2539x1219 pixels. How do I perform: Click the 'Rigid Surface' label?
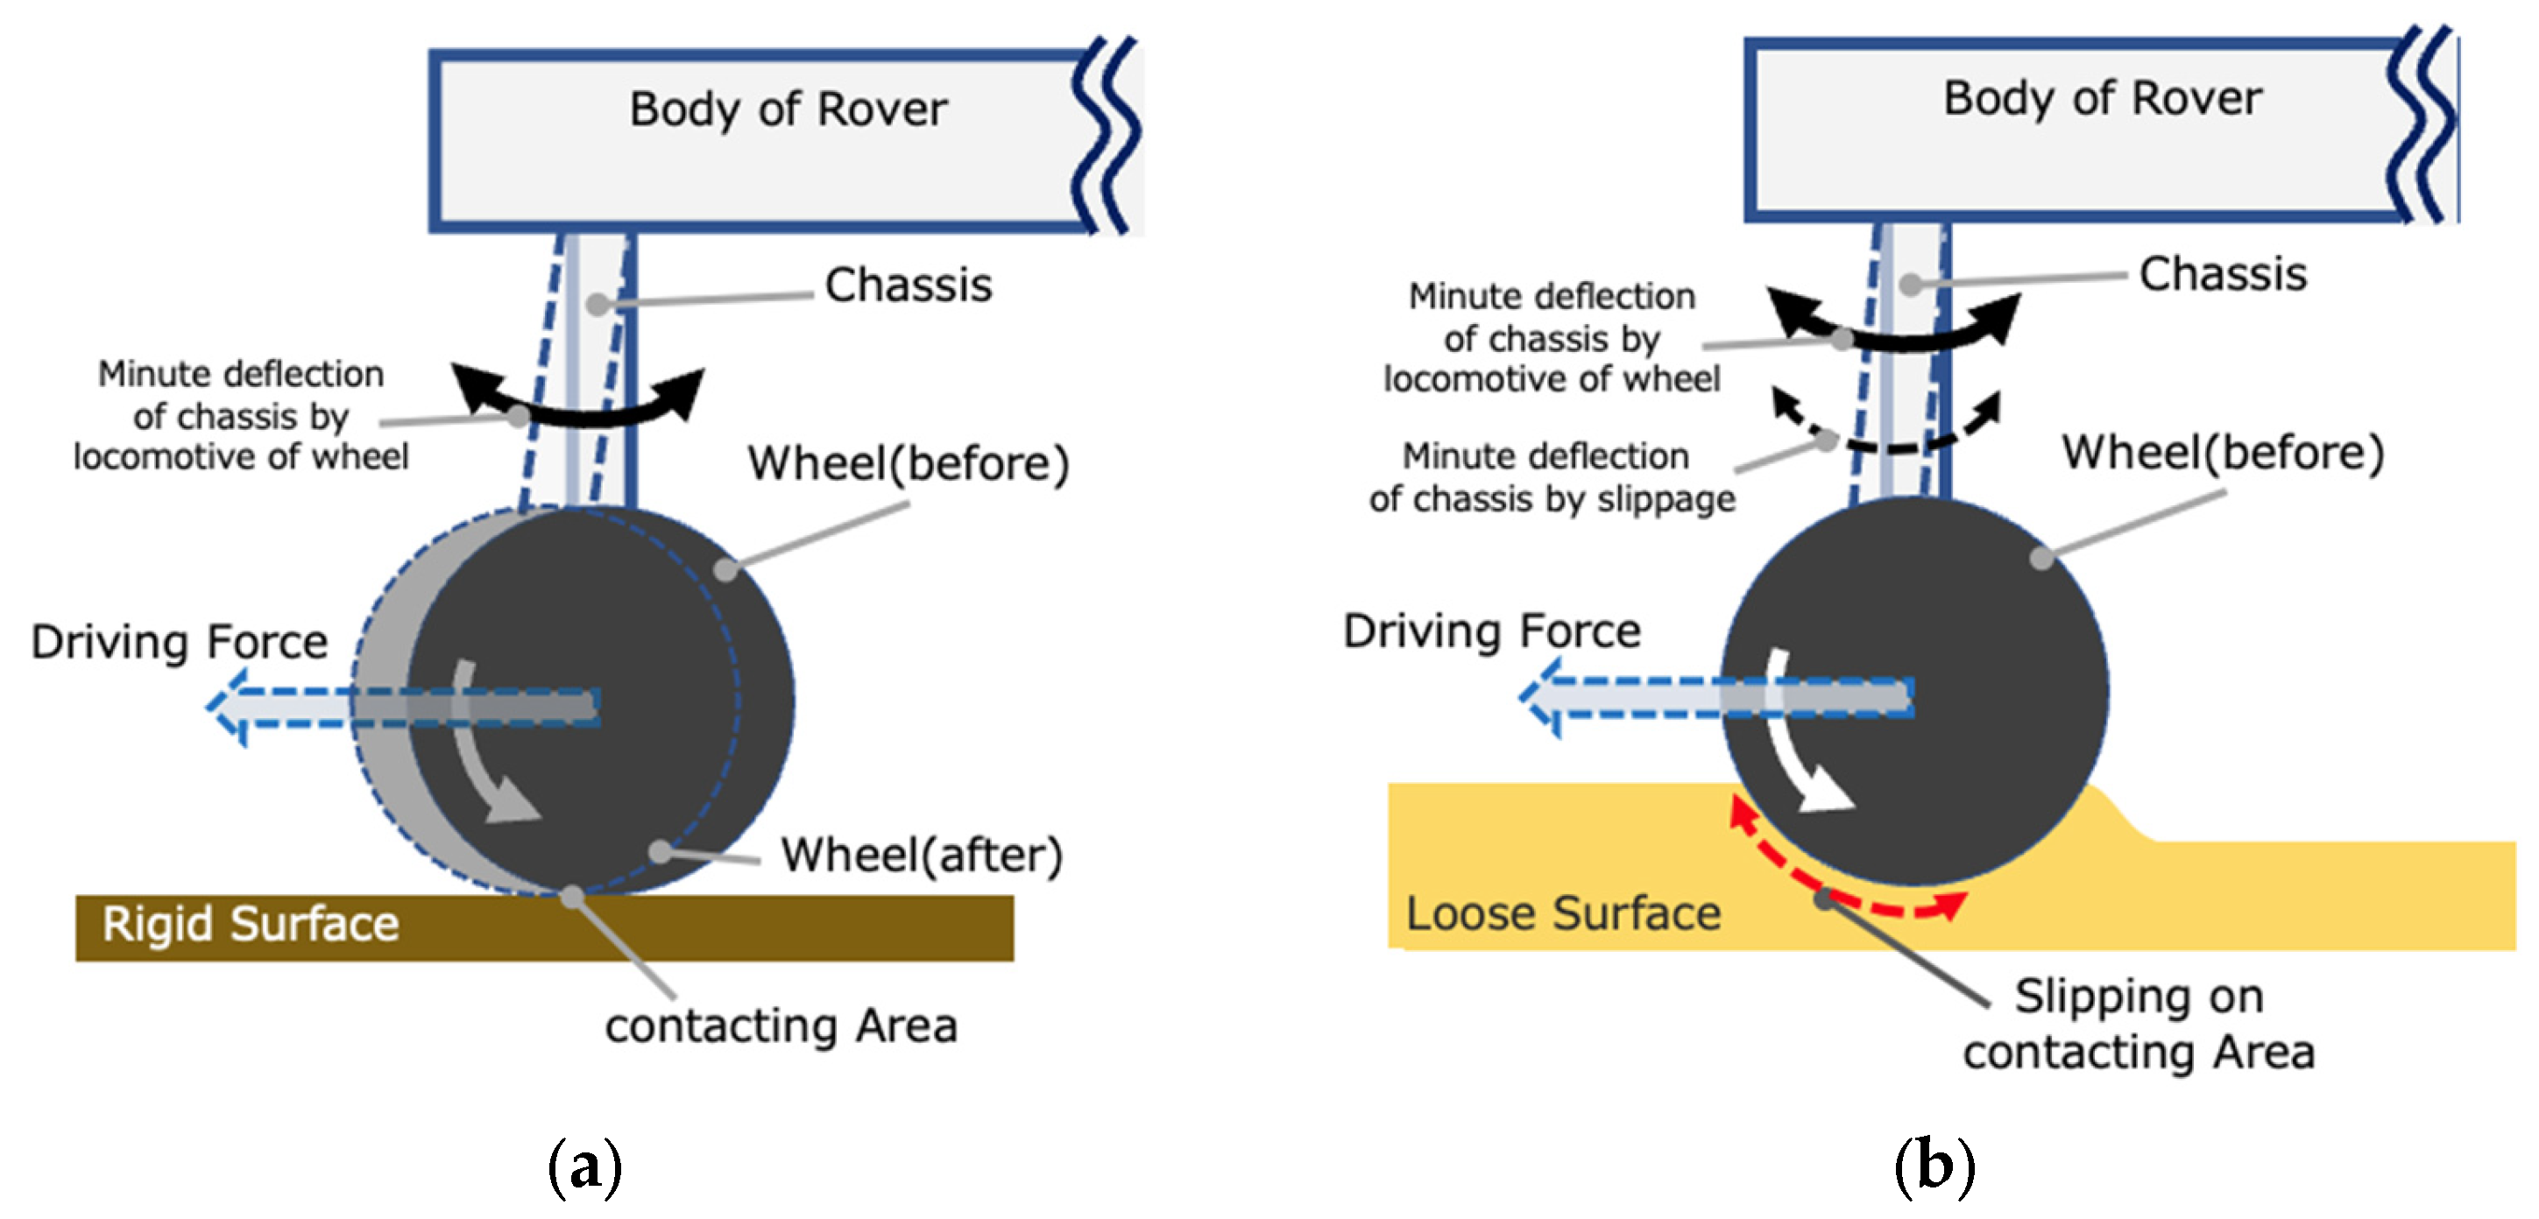pyautogui.click(x=251, y=925)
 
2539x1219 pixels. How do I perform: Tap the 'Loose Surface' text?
pyautogui.click(x=1562, y=913)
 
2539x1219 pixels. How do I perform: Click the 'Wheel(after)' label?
pyautogui.click(x=922, y=855)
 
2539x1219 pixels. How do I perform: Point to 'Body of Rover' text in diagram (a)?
pyautogui.click(x=788, y=109)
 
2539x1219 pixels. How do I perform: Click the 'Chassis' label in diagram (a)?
pyautogui.click(x=908, y=285)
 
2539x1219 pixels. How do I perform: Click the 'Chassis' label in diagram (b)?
pyautogui.click(x=2222, y=274)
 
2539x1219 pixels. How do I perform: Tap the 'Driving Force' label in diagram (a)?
pyautogui.click(x=180, y=642)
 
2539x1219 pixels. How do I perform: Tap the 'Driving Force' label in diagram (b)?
pyautogui.click(x=1491, y=631)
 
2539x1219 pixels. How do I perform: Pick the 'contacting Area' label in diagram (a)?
pyautogui.click(x=781, y=1025)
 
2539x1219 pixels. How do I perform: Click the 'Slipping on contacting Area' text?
pyautogui.click(x=2138, y=1024)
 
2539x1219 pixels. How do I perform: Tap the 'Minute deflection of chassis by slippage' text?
pyautogui.click(x=1551, y=478)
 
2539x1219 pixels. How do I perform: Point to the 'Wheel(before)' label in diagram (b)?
pyautogui.click(x=2222, y=453)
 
